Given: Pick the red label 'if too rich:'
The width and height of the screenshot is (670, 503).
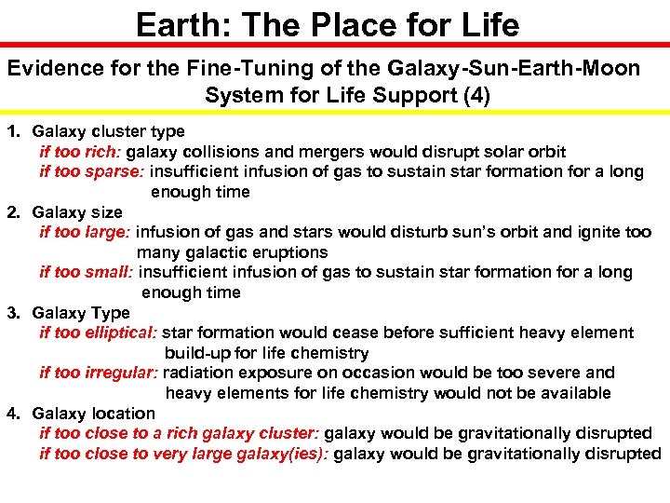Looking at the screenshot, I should click(x=81, y=152).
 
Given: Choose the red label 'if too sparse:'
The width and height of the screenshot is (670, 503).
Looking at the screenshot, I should click(x=92, y=171).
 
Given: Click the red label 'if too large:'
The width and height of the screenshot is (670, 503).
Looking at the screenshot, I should click(x=87, y=232).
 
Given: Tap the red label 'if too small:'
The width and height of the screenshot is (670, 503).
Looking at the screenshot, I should click(x=87, y=272).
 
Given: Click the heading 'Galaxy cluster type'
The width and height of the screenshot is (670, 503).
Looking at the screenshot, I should click(x=108, y=131).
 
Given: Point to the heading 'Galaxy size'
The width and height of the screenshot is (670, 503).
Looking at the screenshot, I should click(x=77, y=212).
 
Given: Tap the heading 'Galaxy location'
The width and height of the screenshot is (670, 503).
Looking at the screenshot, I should click(x=93, y=413).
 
